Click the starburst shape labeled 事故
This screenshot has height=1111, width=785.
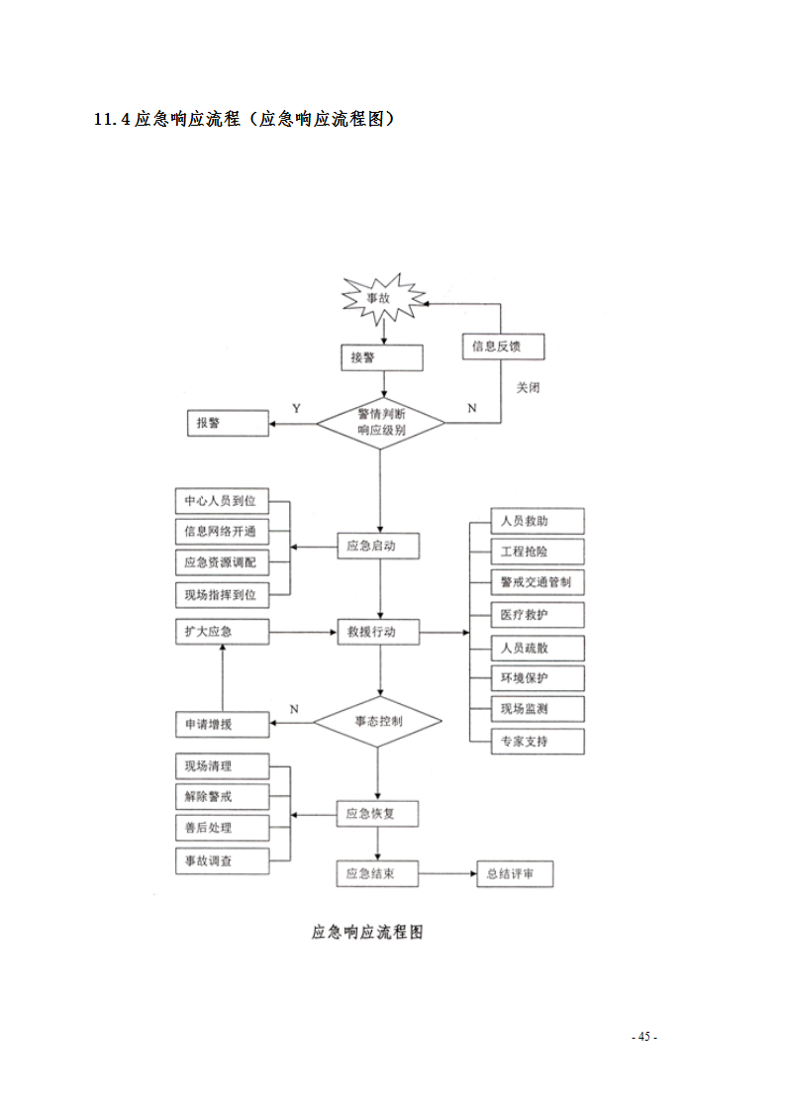click(382, 298)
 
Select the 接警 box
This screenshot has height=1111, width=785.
click(381, 357)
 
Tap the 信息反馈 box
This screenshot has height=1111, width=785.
click(504, 347)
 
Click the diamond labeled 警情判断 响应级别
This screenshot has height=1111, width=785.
click(381, 423)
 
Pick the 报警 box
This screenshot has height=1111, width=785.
click(228, 423)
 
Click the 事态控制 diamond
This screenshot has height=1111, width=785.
click(378, 722)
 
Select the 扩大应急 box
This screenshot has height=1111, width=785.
click(221, 632)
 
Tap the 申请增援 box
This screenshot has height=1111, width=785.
click(221, 725)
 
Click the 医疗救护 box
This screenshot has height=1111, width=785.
click(538, 615)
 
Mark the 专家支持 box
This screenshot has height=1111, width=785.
click(538, 741)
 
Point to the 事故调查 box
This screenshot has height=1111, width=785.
click(220, 860)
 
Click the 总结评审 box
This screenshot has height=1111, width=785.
click(515, 874)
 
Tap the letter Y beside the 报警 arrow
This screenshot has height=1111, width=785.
click(296, 408)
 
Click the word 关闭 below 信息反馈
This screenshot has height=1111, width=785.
click(528, 387)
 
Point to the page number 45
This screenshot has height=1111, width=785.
click(644, 1037)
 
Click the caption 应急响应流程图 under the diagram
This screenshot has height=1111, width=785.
click(367, 932)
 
